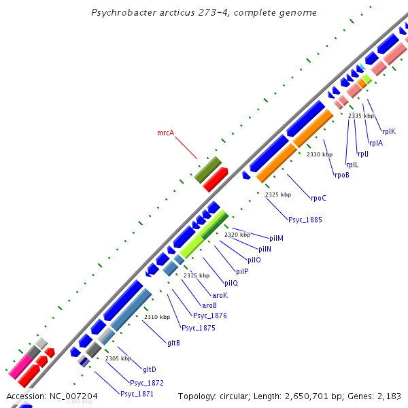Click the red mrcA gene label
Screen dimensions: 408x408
(166, 133)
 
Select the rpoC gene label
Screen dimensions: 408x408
(318, 199)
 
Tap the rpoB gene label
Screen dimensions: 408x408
(341, 175)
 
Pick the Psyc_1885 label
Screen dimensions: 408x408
(305, 220)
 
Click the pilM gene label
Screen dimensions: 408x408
(276, 238)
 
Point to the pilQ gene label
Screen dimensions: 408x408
(231, 283)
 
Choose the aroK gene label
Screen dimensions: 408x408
(220, 295)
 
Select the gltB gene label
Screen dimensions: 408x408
(173, 343)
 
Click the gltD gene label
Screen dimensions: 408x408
(150, 369)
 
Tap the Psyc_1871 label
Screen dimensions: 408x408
(137, 394)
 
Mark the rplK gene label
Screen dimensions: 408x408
(388, 132)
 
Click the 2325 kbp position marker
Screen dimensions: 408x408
(278, 194)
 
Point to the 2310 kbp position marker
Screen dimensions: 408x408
(157, 317)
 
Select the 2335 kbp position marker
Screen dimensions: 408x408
(361, 116)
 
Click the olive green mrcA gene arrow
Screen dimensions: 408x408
(208, 169)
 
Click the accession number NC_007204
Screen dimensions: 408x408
(74, 396)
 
